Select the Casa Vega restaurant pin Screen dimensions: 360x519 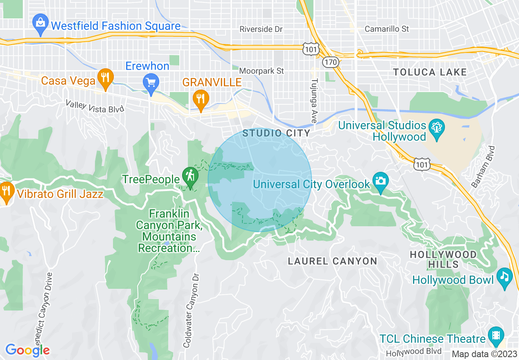[x=106, y=79]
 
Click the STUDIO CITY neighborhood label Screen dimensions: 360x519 [x=276, y=133]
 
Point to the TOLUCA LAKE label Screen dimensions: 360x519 [x=430, y=72]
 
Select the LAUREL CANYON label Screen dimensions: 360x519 [x=332, y=261]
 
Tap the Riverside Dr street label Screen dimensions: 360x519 [x=261, y=29]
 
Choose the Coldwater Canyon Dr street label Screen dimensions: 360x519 [x=191, y=310]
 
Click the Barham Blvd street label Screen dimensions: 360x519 [x=483, y=166]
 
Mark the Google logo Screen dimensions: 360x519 [x=27, y=350]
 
